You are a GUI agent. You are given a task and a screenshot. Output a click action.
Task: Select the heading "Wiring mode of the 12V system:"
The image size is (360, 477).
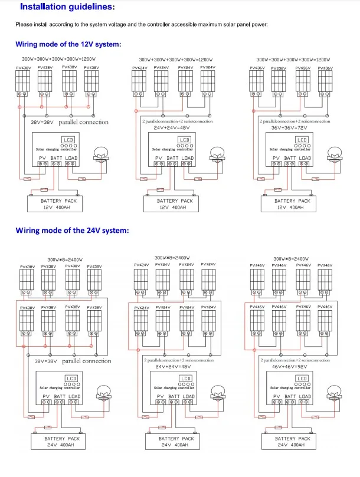[x=68, y=44]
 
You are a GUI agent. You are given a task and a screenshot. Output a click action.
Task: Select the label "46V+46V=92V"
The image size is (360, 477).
[x=293, y=366]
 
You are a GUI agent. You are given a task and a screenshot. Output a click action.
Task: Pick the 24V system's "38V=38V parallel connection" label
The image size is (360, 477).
[x=73, y=361]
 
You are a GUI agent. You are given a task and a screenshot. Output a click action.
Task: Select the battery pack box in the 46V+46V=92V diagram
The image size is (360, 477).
[x=293, y=442]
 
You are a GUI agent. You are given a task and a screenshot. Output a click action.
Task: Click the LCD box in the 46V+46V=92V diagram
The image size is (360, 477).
[x=302, y=378]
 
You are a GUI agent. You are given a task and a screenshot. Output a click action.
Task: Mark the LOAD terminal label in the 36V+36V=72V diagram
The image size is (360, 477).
[x=305, y=158]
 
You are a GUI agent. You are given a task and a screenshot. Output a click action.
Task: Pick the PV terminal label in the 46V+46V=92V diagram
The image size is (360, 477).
[x=276, y=397]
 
